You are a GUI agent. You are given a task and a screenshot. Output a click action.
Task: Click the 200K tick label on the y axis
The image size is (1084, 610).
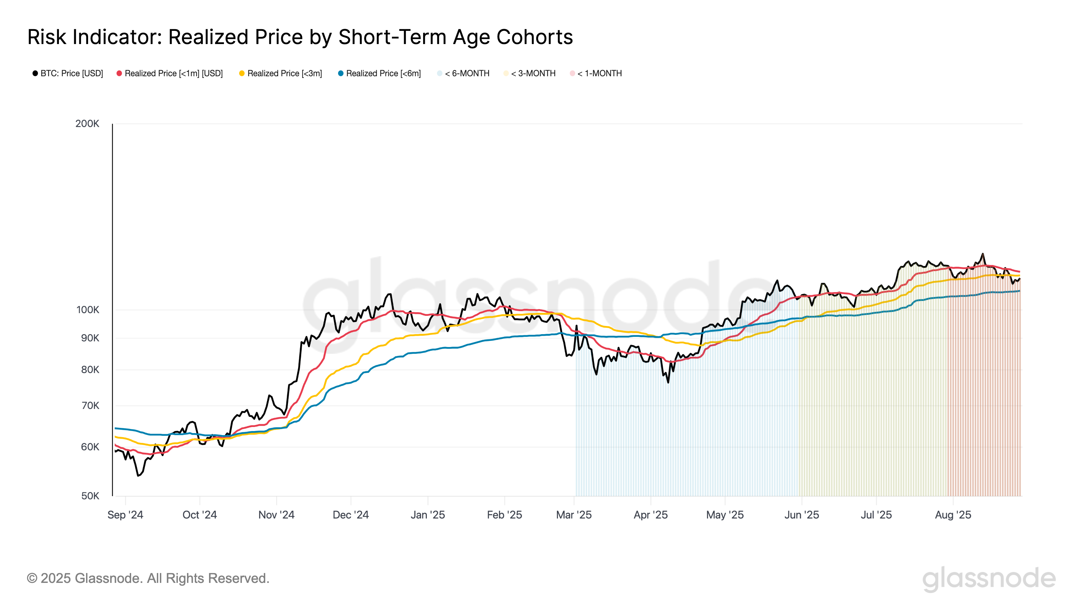87,124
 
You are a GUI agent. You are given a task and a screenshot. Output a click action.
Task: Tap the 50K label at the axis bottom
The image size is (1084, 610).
90,496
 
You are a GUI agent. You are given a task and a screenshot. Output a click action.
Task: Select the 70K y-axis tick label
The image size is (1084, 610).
90,405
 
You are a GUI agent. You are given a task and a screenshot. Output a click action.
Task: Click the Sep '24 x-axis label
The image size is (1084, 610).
125,515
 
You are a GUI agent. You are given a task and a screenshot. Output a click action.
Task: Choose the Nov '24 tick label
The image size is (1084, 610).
276,515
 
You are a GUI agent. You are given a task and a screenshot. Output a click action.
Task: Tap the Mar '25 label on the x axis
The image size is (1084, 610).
574,515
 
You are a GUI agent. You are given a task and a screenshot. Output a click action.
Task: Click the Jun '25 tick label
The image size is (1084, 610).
801,515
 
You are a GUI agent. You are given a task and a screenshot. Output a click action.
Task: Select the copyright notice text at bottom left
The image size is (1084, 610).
148,578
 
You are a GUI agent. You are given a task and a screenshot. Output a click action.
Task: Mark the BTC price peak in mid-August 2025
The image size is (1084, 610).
983,254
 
